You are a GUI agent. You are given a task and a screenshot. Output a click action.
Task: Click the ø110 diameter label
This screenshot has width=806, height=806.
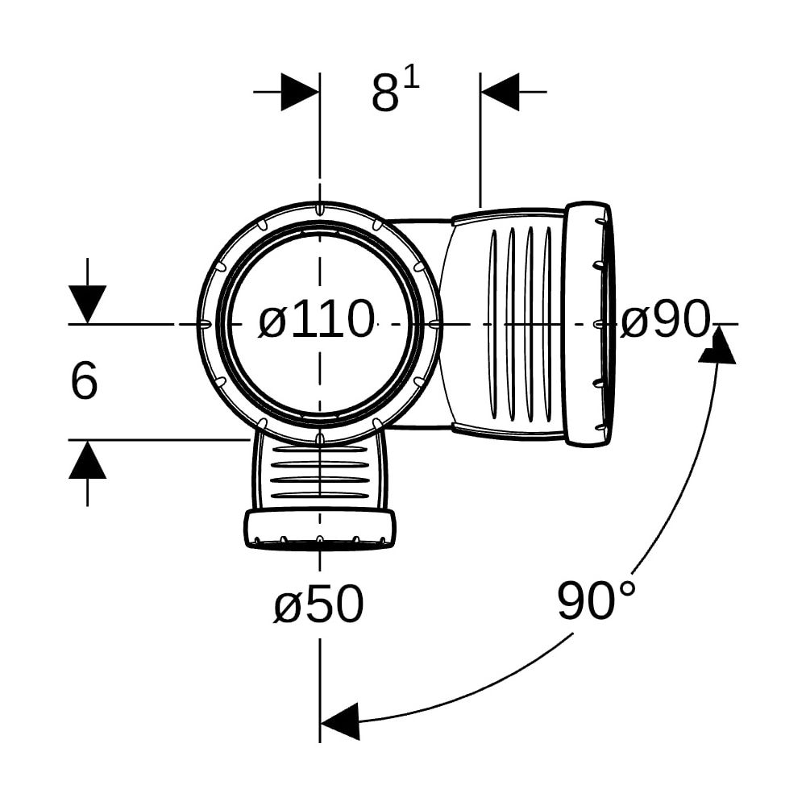pyautogui.click(x=316, y=320)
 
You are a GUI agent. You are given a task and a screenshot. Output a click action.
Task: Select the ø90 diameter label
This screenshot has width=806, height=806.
pyautogui.click(x=665, y=320)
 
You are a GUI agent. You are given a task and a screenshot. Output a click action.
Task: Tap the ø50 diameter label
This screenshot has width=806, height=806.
pyautogui.click(x=318, y=604)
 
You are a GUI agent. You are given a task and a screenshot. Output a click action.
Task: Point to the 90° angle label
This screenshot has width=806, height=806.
pyautogui.click(x=596, y=600)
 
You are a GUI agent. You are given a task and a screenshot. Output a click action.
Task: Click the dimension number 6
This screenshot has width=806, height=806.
pyautogui.click(x=83, y=380)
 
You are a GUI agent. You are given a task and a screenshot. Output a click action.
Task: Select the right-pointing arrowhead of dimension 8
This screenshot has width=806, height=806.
pyautogui.click(x=300, y=92)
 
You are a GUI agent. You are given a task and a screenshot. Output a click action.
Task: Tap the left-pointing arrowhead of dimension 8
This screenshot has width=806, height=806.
pyautogui.click(x=499, y=92)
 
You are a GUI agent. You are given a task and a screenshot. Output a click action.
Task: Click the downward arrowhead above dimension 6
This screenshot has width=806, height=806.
pyautogui.click(x=87, y=305)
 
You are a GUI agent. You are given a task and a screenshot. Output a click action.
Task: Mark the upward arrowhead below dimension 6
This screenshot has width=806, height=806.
pyautogui.click(x=87, y=459)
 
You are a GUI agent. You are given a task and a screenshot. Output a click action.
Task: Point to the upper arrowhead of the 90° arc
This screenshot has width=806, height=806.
pyautogui.click(x=717, y=345)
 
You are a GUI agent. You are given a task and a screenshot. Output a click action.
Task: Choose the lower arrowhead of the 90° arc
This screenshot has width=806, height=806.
pyautogui.click(x=339, y=721)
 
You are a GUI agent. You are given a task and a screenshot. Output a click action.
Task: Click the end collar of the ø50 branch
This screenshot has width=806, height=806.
pyautogui.click(x=320, y=530)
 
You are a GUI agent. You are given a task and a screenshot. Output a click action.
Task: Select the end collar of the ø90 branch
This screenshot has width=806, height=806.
pyautogui.click(x=588, y=326)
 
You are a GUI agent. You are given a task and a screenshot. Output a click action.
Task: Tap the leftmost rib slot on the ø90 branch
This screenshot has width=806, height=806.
pyautogui.click(x=493, y=325)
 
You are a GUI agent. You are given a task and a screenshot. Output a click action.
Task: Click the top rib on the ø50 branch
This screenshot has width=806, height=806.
pyautogui.click(x=320, y=449)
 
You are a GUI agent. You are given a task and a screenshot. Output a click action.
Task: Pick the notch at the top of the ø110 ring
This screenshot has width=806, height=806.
pyautogui.click(x=320, y=210)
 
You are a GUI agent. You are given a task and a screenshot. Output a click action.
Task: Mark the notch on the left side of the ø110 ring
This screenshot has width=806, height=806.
pyautogui.click(x=205, y=324)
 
